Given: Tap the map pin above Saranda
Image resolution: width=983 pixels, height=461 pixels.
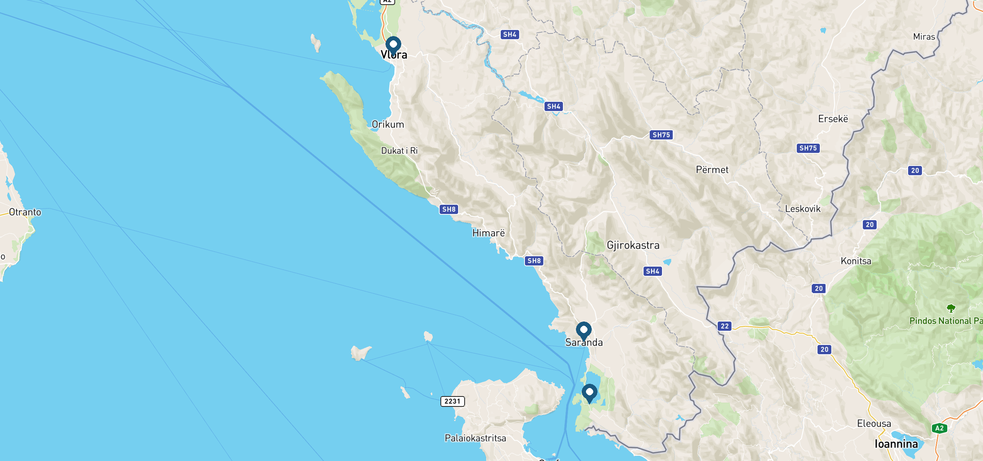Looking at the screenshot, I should [584, 331].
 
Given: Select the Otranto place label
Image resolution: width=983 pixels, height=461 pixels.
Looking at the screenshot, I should [25, 212].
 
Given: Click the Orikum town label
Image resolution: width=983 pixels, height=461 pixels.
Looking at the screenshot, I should [388, 124].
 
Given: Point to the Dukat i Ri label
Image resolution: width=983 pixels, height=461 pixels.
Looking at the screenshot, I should [399, 151].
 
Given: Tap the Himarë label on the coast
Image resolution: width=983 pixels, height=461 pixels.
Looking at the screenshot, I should [488, 233].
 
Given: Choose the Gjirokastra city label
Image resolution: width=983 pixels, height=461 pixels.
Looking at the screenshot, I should [633, 245].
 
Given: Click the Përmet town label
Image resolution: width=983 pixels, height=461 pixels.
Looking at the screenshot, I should [712, 170].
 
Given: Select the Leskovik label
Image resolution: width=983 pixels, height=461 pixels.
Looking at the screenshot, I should [803, 209].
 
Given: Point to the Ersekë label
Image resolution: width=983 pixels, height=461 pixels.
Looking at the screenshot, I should [833, 119].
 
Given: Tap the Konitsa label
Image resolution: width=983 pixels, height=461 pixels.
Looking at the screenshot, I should [856, 261].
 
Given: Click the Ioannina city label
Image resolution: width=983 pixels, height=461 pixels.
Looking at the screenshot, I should [896, 444].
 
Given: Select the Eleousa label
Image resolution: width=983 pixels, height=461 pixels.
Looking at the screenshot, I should [874, 424].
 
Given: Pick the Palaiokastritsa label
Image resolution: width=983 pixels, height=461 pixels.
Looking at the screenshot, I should [475, 438].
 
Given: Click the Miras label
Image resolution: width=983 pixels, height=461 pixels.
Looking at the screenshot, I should [924, 37].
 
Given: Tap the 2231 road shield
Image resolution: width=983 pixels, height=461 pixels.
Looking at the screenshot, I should [452, 401].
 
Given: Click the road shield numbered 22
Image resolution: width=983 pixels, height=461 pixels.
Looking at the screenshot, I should [725, 326].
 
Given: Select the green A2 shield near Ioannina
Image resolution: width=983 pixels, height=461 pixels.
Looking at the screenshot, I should [939, 428].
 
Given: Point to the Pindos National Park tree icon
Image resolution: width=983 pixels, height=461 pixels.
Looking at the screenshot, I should [951, 308].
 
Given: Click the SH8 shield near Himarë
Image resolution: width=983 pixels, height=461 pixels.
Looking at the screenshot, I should [449, 209].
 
